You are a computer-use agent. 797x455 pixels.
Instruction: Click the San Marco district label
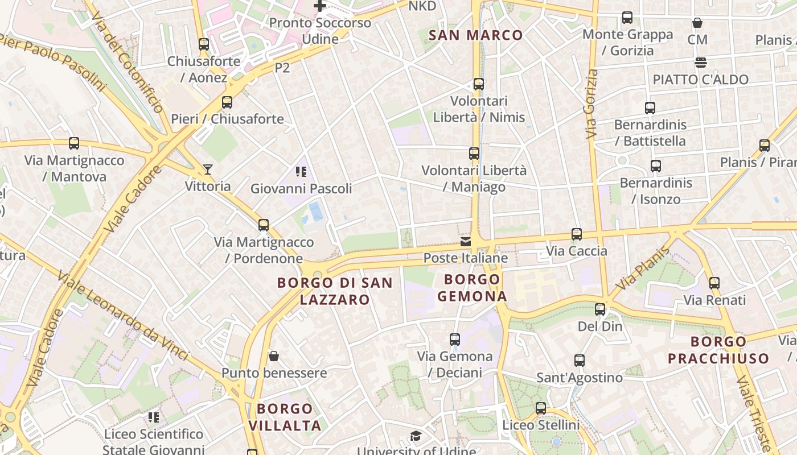click(475, 35)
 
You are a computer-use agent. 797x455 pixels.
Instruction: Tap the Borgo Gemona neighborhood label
click(472, 288)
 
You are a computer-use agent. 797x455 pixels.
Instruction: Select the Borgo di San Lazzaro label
click(335, 291)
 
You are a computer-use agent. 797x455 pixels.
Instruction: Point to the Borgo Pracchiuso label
click(718, 350)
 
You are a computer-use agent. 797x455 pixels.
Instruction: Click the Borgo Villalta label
click(285, 417)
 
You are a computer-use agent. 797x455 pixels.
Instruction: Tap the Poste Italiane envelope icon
click(466, 242)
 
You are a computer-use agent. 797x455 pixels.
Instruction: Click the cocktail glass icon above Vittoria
click(208, 169)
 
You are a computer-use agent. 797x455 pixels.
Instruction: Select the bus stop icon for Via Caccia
click(577, 234)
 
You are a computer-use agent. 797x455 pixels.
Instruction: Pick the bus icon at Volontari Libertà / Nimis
click(479, 84)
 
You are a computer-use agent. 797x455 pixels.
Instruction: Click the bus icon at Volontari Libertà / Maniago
click(474, 154)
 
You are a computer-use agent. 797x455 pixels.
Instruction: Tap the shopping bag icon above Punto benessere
click(274, 356)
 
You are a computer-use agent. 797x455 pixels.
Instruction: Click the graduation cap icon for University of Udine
click(416, 436)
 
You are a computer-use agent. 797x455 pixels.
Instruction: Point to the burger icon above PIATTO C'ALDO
click(700, 63)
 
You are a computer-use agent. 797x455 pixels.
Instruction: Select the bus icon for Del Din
click(600, 309)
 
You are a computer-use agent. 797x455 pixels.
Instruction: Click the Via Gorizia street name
click(591, 104)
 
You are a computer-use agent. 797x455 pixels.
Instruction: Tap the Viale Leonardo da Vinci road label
click(122, 316)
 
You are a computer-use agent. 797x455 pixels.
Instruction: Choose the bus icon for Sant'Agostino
click(580, 360)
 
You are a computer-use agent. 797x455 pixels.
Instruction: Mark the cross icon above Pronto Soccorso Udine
click(320, 6)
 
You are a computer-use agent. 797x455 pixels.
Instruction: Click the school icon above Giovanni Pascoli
click(301, 172)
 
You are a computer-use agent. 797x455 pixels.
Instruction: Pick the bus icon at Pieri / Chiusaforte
click(227, 102)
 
